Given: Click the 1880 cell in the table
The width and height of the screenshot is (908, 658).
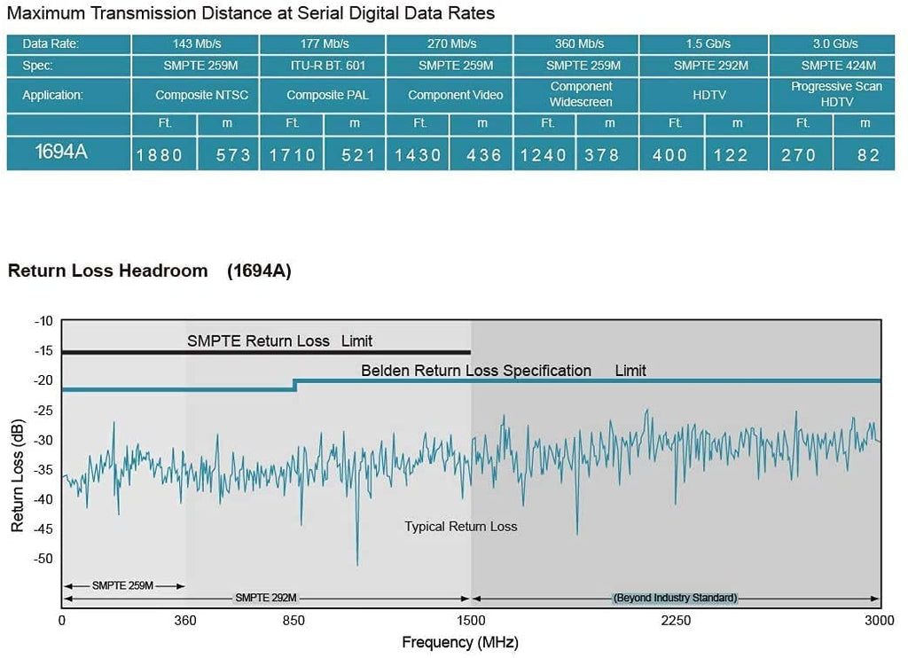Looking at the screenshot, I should click(160, 155).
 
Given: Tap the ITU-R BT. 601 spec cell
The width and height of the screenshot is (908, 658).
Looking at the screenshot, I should click(323, 65).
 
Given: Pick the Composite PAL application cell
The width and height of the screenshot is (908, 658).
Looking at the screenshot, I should click(323, 95).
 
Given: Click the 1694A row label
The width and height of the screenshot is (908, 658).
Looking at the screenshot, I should click(61, 152).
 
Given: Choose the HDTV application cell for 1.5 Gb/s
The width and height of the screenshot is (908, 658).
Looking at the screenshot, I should click(708, 95).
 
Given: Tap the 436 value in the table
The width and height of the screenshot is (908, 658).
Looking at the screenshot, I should click(484, 155).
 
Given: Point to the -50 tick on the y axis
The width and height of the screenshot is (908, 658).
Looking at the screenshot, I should click(43, 559).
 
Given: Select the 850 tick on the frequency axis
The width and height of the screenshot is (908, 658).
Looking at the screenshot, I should click(295, 621).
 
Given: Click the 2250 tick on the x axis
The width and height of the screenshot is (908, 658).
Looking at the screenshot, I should click(676, 621).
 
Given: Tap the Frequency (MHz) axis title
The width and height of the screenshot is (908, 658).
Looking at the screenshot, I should click(460, 642).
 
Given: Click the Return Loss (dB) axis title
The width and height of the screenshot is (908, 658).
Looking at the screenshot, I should click(17, 476).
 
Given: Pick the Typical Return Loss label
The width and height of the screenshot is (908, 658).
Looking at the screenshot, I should click(461, 527).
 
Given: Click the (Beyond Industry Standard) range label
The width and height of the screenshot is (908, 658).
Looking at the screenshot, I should click(676, 598).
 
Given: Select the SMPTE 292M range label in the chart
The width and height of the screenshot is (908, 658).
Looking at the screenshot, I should click(266, 598).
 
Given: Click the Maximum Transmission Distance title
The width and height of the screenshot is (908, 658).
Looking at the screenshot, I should click(251, 13).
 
